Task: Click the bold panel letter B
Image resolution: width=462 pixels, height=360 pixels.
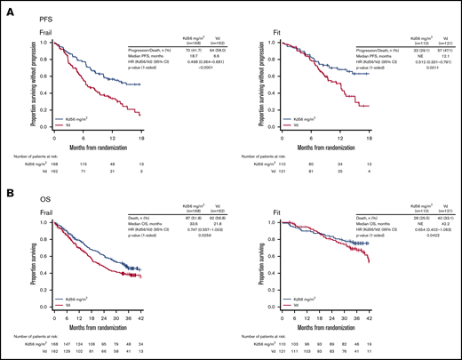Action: tap(8, 188)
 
